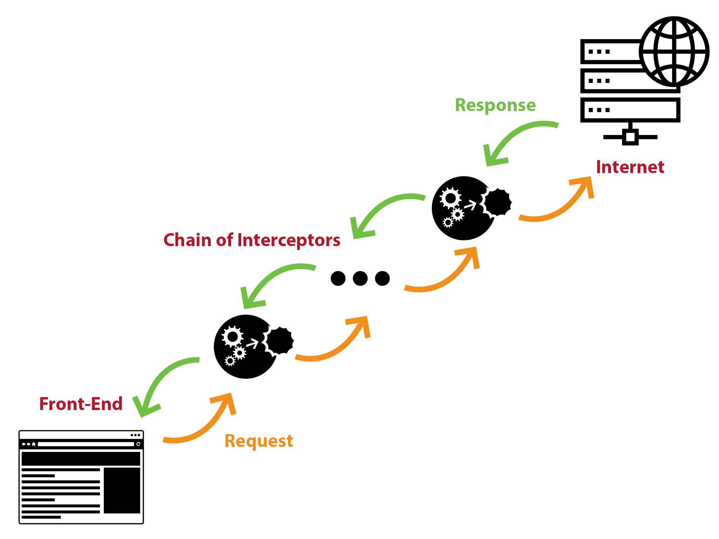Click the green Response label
(x=495, y=105)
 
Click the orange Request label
(x=259, y=441)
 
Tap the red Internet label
(x=630, y=167)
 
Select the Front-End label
(x=81, y=404)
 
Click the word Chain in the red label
(x=188, y=240)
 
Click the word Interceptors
(x=289, y=240)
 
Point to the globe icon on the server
(x=674, y=52)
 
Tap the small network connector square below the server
(x=630, y=137)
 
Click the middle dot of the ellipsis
(x=360, y=278)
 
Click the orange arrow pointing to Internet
(x=559, y=205)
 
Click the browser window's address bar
(x=86, y=444)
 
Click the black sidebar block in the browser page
(x=122, y=490)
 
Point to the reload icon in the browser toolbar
(x=138, y=444)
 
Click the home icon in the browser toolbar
(x=34, y=444)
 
